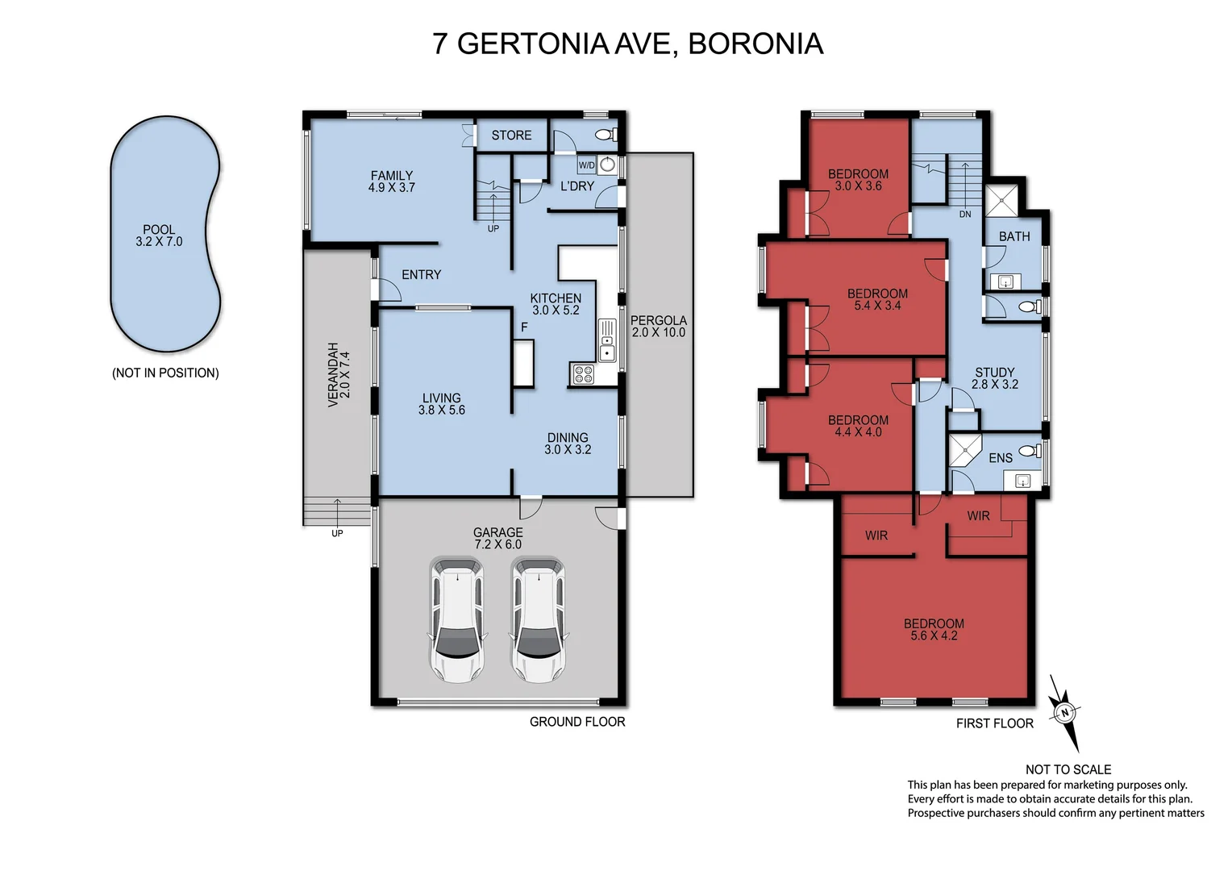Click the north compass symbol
pos(1065,713)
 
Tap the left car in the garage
pos(457,619)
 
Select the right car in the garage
pos(538,619)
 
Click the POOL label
pos(159,230)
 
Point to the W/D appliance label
pos(586,165)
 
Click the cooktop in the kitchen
pos(583,374)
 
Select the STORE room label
pos(511,135)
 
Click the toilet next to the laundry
pos(605,135)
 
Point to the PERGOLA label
pos(658,320)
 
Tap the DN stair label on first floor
pos(965,215)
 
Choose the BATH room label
pos(1014,236)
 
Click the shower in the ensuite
pos(964,451)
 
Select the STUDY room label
pos(995,373)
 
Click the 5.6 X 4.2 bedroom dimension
pos(934,636)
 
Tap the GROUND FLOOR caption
pos(577,722)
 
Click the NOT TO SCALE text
pos(1068,769)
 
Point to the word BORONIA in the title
pos(755,44)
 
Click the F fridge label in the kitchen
pos(524,327)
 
